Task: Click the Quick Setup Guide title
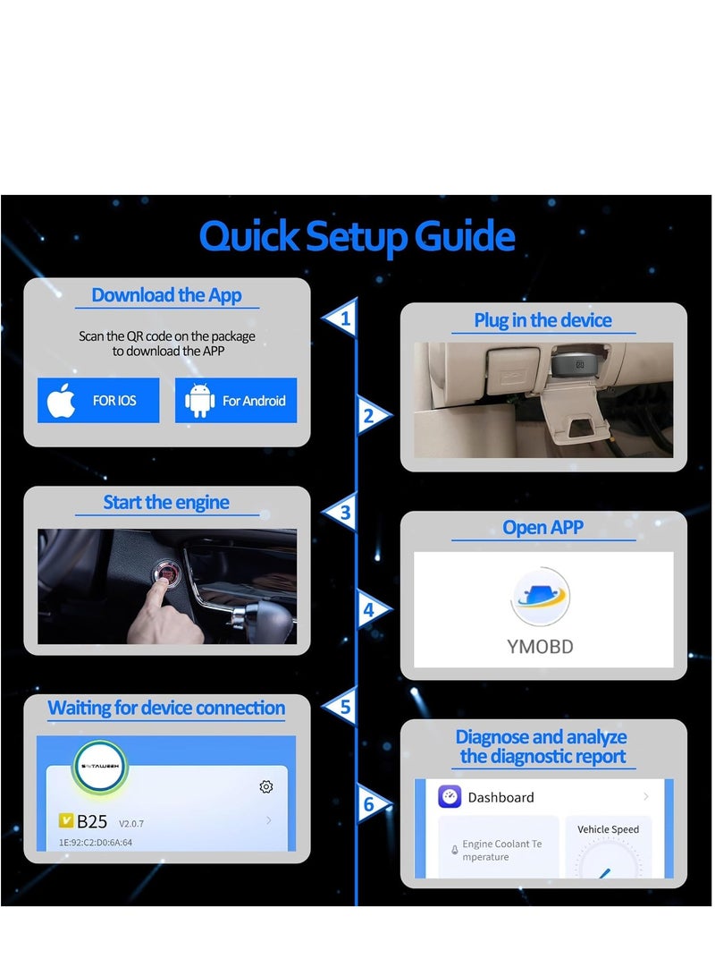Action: pos(357,237)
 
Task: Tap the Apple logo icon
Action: pos(62,401)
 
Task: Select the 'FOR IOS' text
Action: pos(114,401)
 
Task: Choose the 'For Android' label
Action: pos(254,401)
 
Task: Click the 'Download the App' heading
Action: pos(166,295)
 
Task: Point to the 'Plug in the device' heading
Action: pos(543,320)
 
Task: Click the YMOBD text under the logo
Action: pos(540,646)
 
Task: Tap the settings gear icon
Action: pos(265,786)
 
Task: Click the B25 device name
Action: pos(92,821)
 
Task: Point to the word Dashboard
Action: pos(500,797)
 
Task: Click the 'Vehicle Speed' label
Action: pos(608,829)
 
